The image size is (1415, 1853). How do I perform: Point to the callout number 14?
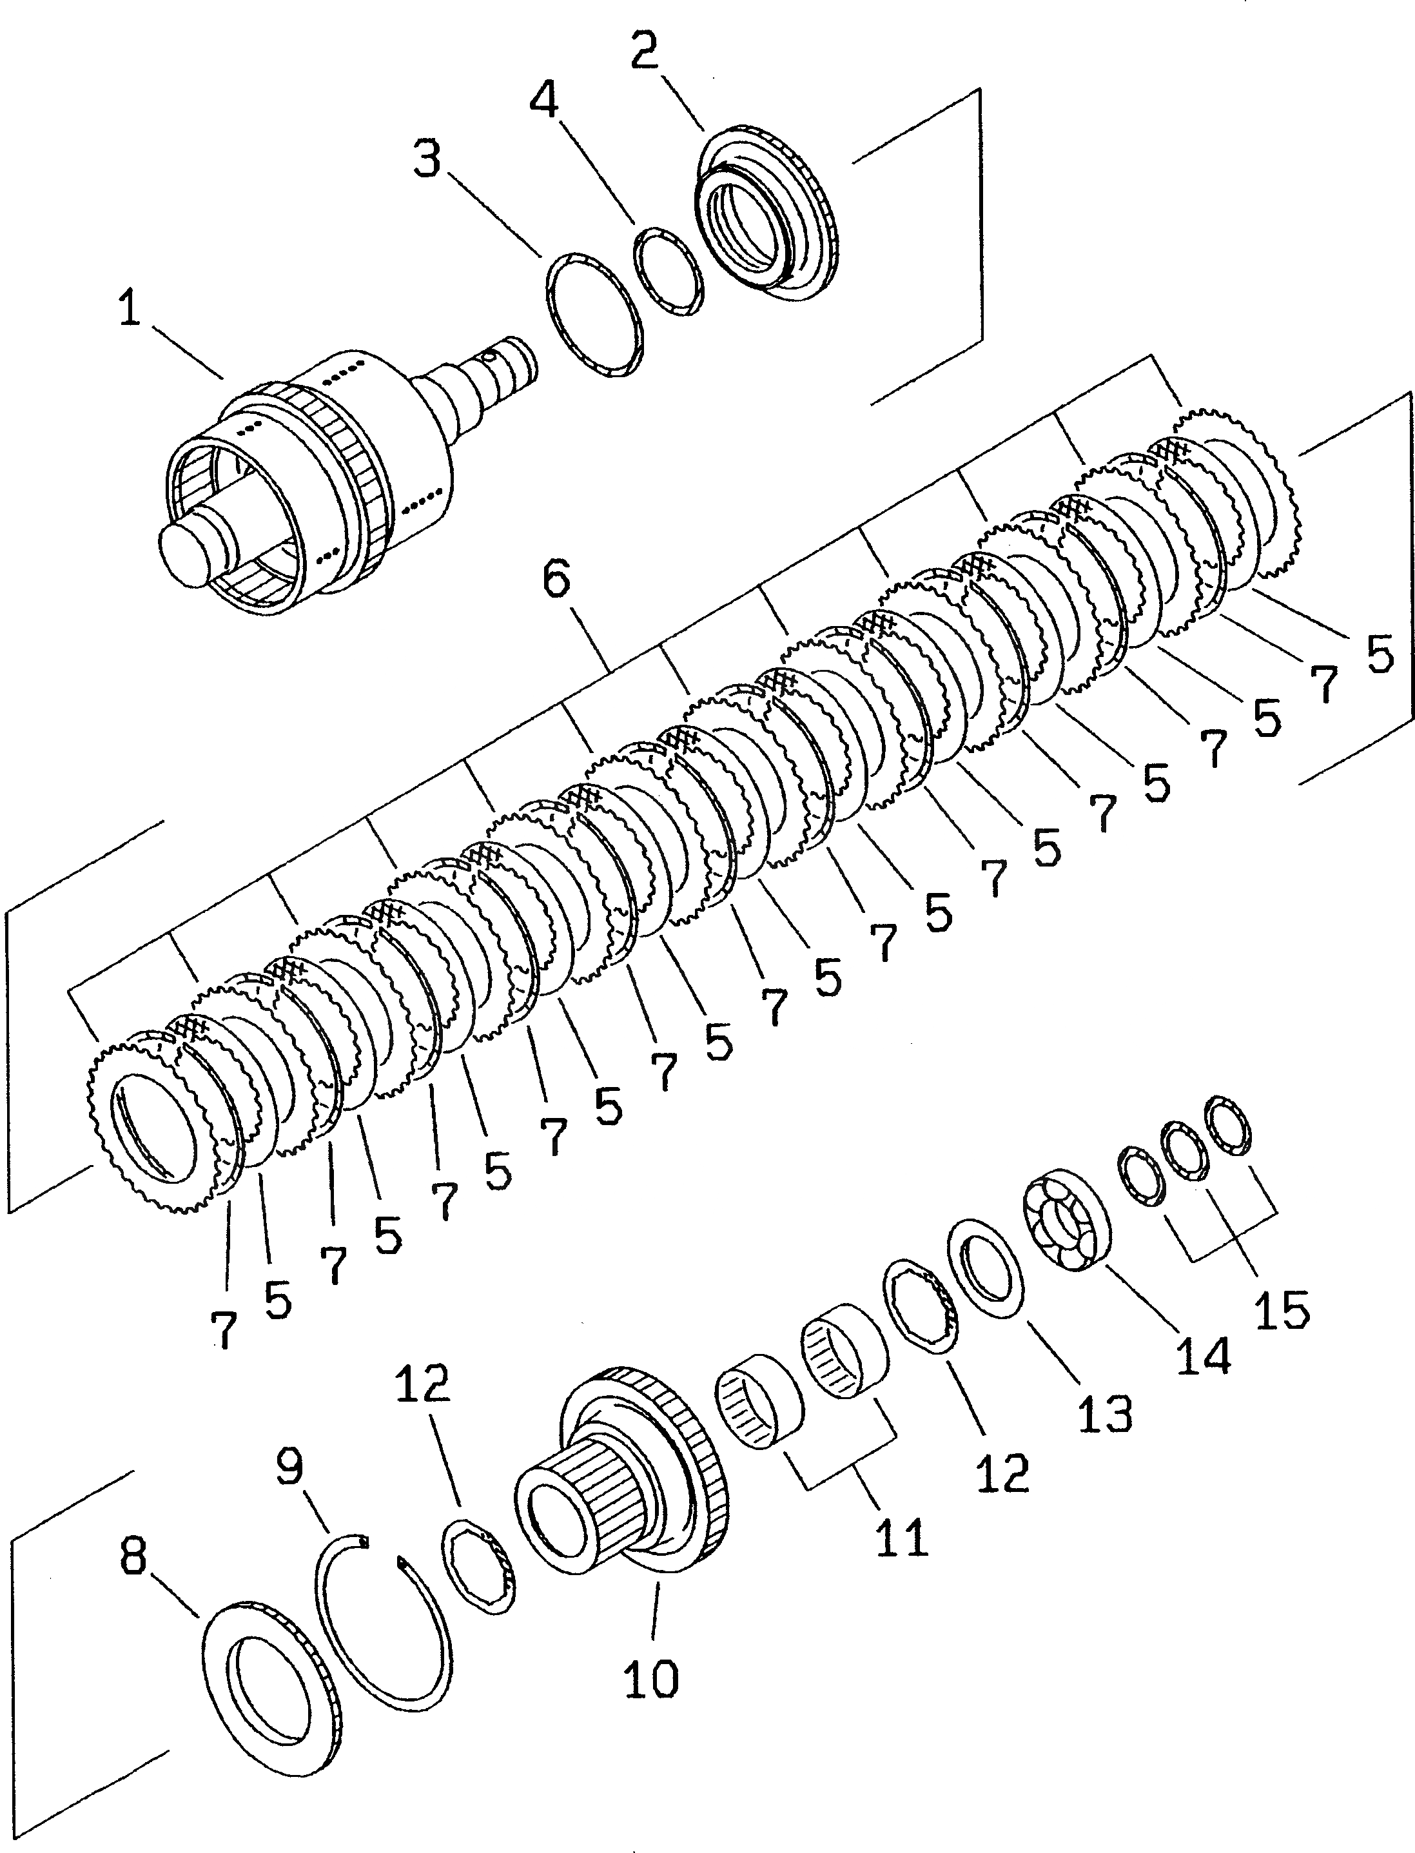[x=1204, y=1355]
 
